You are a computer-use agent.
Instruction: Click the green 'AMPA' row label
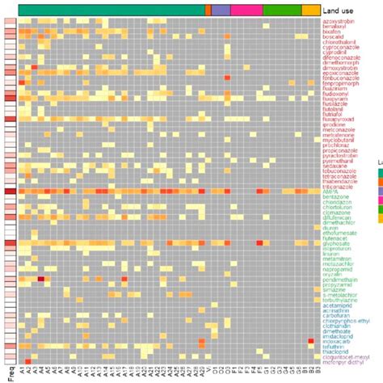pyautogui.click(x=331, y=191)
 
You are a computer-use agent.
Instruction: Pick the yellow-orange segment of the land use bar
pyautogui.click(x=311, y=8)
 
